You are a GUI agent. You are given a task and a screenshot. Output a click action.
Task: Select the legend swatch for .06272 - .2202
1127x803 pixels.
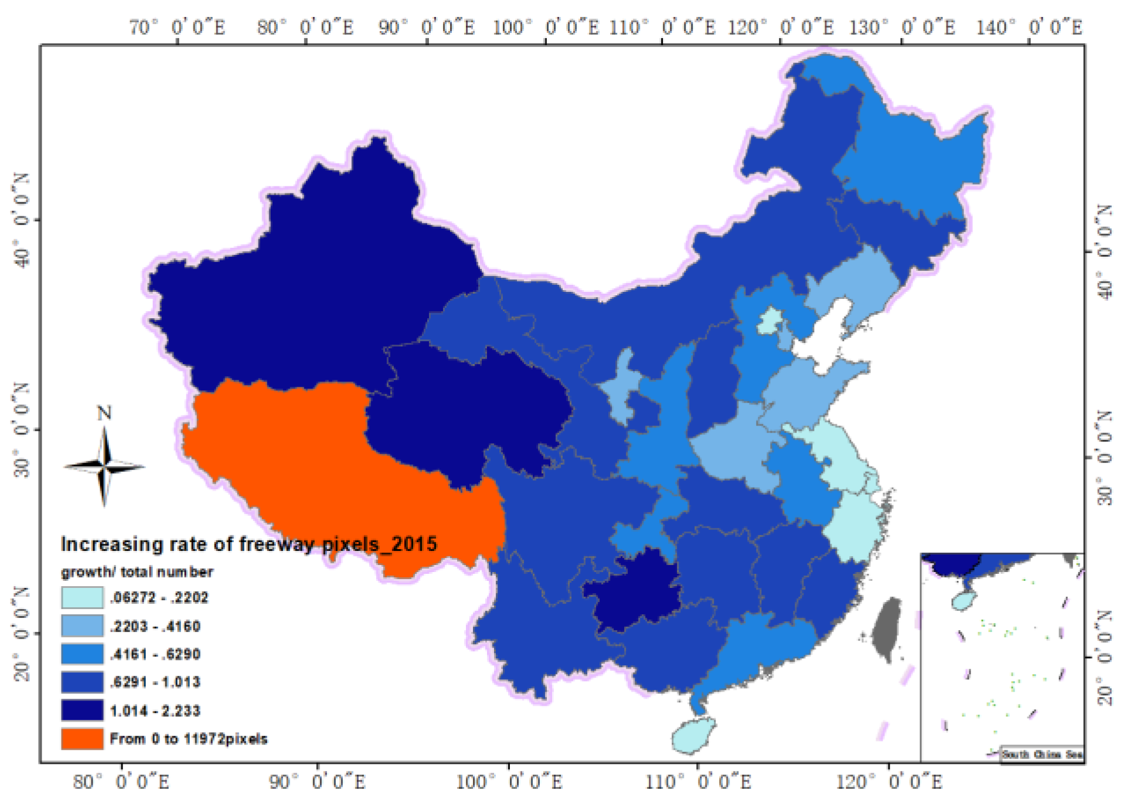tap(82, 597)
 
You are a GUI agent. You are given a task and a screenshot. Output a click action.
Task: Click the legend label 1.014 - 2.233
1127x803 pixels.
tap(155, 711)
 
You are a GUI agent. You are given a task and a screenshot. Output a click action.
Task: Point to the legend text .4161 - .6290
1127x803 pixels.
tap(155, 654)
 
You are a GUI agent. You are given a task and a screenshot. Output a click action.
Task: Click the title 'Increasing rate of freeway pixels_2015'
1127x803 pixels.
tap(248, 544)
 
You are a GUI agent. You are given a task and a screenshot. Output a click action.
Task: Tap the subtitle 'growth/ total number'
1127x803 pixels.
tap(137, 572)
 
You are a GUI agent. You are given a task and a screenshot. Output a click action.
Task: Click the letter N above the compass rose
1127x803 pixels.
tap(104, 413)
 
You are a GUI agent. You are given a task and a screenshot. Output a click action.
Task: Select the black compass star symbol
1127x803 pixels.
tap(104, 467)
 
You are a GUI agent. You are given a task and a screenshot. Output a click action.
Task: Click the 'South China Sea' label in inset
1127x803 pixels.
tap(1041, 754)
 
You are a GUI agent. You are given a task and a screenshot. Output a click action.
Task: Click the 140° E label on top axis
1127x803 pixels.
tap(1029, 27)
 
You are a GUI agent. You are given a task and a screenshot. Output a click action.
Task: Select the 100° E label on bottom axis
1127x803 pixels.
tap(509, 781)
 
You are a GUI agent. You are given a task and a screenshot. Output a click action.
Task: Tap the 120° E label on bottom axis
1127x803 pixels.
tap(888, 781)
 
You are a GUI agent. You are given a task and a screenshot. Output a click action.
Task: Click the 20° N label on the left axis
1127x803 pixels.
tap(22, 633)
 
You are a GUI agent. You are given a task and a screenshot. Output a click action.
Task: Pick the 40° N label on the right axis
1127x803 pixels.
tap(1104, 252)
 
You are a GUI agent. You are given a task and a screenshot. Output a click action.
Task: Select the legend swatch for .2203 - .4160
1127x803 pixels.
tap(82, 626)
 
